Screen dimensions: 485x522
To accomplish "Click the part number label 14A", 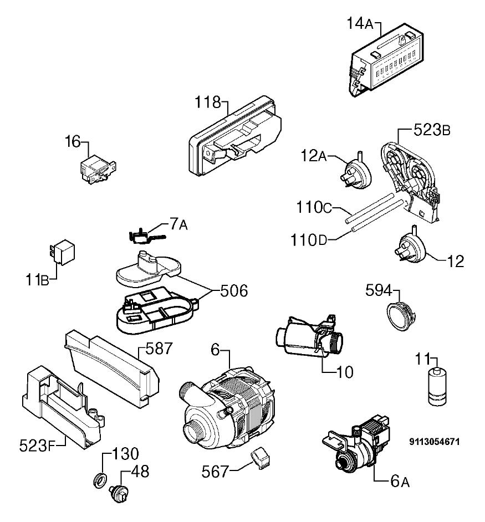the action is pos(360,24).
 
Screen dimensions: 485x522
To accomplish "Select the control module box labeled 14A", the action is pos(386,60).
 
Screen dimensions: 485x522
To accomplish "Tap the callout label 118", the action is pos(207,102).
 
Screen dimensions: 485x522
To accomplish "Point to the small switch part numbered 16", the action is pos(98,169).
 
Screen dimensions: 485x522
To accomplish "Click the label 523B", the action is pos(432,130).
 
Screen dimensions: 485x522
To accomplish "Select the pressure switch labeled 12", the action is pos(412,247).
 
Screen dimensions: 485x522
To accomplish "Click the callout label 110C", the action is pos(314,207).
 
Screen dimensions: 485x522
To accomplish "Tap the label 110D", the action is pos(309,240).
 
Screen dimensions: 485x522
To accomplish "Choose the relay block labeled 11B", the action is pos(62,252).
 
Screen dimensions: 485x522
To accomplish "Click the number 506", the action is pos(234,291).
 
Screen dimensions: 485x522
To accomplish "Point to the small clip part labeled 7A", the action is pos(145,236).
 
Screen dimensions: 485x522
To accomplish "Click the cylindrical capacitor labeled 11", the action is pos(437,386).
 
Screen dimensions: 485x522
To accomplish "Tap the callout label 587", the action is pos(159,349).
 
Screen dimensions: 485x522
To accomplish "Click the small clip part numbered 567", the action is pos(261,458).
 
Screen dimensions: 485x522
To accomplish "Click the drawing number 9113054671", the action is pos(435,442).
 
